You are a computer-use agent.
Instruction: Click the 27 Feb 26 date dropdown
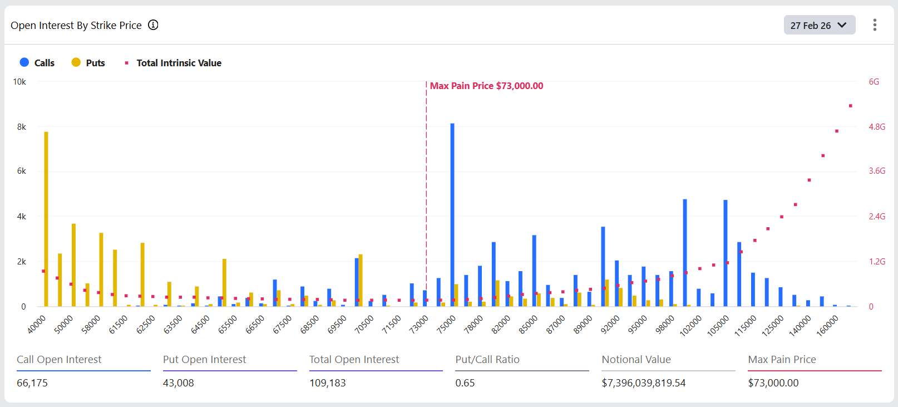[x=819, y=25]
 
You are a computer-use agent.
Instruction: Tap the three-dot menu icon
[x=875, y=25]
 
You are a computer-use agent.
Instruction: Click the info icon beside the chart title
[x=153, y=25]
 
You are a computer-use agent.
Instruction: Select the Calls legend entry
[x=37, y=63]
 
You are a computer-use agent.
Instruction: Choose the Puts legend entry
[x=88, y=63]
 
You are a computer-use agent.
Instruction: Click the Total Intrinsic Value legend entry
[x=172, y=63]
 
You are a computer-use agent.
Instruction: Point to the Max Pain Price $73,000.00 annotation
[x=486, y=86]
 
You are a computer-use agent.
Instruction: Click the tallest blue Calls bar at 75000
[x=452, y=214]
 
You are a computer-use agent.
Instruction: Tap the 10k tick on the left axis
[x=19, y=82]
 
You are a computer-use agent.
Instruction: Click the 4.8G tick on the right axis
[x=877, y=127]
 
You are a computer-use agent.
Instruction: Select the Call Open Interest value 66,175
[x=32, y=383]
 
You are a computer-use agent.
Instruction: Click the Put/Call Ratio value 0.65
[x=465, y=383]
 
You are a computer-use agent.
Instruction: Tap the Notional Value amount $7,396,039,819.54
[x=643, y=383]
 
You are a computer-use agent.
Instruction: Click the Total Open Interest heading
[x=354, y=360]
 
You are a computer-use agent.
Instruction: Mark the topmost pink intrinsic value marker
[x=850, y=106]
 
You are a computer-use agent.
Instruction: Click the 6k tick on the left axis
[x=21, y=171]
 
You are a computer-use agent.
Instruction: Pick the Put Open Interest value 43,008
[x=179, y=383]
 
